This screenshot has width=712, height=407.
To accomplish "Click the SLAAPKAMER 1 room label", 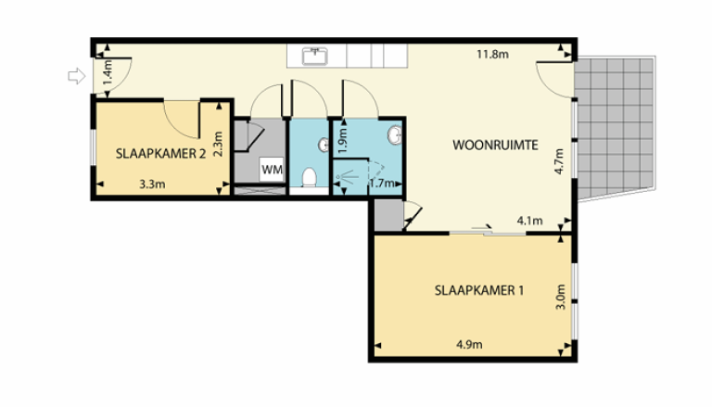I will tap(479, 289).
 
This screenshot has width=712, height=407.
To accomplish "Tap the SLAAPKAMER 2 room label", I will tap(160, 155).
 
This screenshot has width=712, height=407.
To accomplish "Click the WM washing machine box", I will tap(272, 169).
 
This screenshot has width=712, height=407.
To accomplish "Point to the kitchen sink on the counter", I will tap(316, 56).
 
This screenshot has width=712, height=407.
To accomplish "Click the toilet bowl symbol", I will tap(310, 176).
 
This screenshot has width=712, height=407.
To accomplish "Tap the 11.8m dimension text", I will tap(492, 54).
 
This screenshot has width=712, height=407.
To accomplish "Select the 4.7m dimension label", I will tap(559, 161).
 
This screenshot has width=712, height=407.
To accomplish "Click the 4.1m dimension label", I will tap(529, 221).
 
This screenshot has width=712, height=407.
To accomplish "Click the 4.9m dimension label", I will tap(470, 347).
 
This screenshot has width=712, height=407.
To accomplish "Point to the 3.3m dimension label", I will tap(152, 184).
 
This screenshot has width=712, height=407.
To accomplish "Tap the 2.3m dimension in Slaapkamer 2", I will tap(219, 145).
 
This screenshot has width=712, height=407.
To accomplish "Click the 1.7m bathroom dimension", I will tap(381, 184).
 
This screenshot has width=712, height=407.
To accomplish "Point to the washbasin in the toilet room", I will tap(324, 145).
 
